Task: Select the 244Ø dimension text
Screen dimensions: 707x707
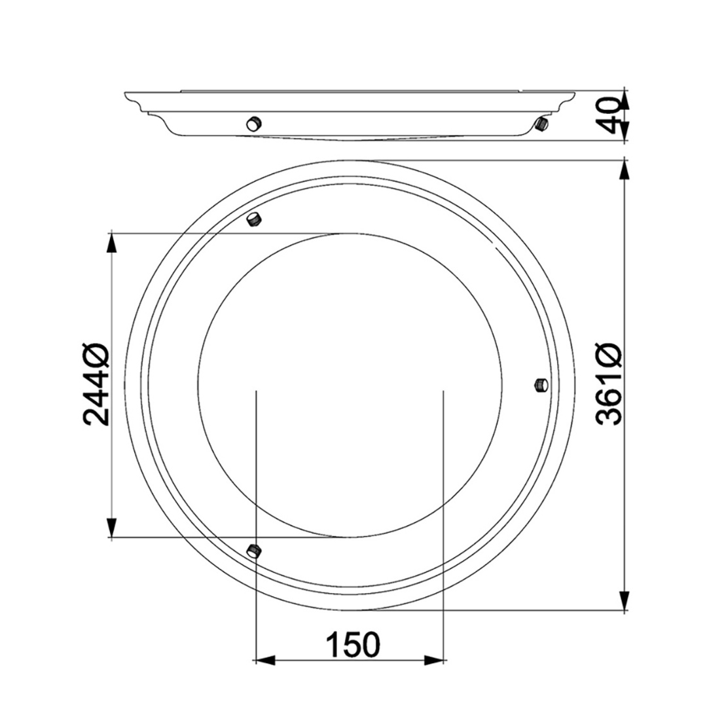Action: point(96,384)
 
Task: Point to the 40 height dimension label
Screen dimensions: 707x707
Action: point(611,116)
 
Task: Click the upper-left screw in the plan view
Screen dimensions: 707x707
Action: point(254,219)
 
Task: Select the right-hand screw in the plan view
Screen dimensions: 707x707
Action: point(541,386)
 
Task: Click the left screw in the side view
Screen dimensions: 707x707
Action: point(254,122)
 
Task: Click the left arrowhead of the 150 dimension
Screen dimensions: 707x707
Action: point(265,661)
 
